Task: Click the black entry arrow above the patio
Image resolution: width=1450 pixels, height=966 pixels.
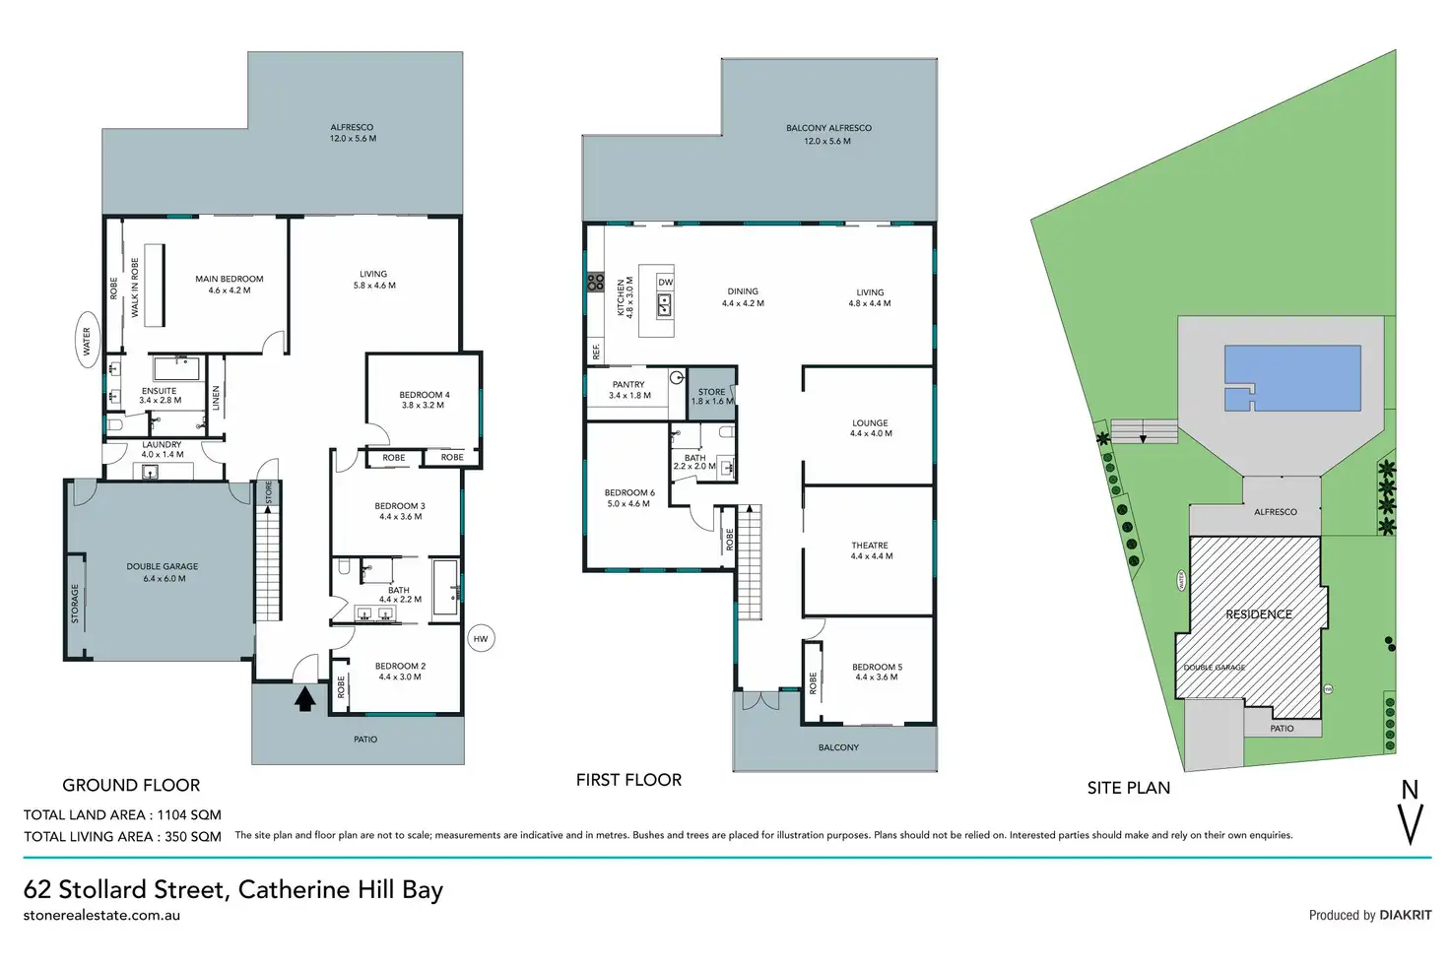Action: coord(305,698)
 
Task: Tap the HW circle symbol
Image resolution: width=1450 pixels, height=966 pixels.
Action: coord(481,639)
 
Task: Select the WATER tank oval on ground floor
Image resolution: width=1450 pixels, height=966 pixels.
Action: coord(87,341)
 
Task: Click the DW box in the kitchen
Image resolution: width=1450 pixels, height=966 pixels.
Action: coord(666,282)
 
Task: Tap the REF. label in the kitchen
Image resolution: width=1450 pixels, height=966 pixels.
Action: coord(596,351)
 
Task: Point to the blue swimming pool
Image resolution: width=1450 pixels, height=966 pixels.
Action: coord(1292,377)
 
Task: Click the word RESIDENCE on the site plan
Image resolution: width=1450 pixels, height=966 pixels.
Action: coord(1259,614)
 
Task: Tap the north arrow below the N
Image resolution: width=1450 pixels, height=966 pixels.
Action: coord(1412,824)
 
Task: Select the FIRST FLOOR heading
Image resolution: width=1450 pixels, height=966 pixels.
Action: coord(628,780)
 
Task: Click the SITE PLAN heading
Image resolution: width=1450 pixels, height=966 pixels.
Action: coord(1129,788)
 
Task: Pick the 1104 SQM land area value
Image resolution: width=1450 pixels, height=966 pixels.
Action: coord(190,814)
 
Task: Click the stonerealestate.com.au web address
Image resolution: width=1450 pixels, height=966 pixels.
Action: coord(101,915)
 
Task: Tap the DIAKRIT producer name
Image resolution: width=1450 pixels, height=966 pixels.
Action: coord(1406,915)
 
